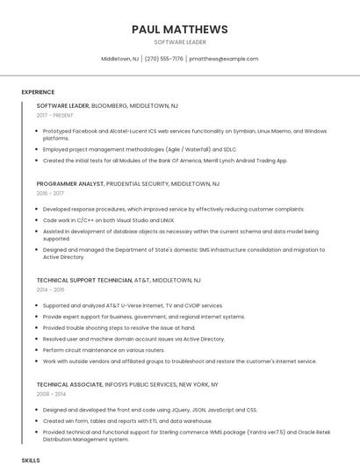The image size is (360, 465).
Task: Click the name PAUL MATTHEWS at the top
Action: pos(179,29)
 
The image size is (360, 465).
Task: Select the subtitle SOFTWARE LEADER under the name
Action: pos(179,42)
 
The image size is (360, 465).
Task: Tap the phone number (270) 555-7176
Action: pos(164,59)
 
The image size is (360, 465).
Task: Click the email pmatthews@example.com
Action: pos(224,59)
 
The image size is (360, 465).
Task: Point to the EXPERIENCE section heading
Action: pos(38,92)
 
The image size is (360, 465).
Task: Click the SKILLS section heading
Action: pos(31,460)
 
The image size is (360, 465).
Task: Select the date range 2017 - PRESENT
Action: pos(55,115)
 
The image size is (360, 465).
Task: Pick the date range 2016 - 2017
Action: pos(50,193)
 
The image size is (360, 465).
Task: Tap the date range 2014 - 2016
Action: pos(50,289)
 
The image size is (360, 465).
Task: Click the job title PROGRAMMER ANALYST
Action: pos(69,184)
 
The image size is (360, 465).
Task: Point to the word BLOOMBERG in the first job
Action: pos(109,105)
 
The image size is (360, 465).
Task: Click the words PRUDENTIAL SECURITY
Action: pos(136,184)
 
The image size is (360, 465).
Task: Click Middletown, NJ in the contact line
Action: pos(120,59)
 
